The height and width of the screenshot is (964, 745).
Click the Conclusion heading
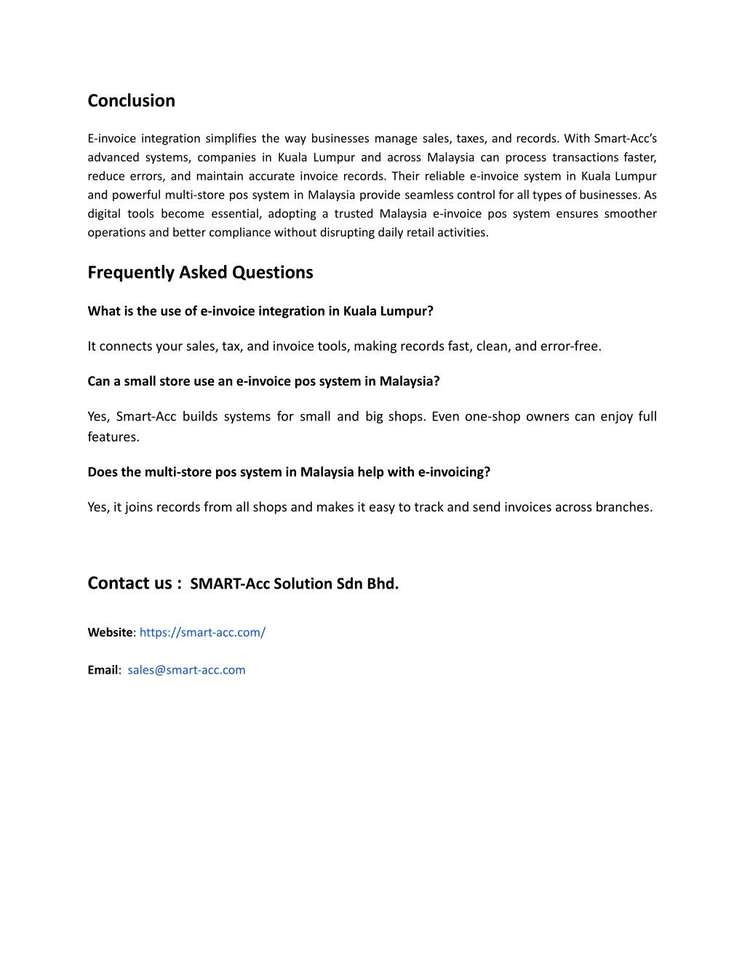131,100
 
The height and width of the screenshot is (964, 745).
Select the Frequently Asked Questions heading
200,272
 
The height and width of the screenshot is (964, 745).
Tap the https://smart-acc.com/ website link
202,632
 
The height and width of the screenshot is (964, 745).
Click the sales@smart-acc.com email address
186,670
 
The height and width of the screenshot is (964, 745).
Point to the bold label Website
110,632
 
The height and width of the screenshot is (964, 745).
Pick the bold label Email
103,670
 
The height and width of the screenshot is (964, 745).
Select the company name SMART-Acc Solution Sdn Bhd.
294,584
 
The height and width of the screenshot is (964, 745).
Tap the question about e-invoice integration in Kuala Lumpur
260,311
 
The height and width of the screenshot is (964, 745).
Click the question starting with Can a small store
263,381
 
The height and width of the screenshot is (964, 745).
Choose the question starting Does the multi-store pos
289,472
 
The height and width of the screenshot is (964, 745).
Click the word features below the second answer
113,437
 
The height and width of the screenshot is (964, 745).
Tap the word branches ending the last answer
624,507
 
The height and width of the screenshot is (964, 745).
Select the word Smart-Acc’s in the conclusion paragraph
625,138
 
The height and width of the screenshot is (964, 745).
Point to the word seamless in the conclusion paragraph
429,195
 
